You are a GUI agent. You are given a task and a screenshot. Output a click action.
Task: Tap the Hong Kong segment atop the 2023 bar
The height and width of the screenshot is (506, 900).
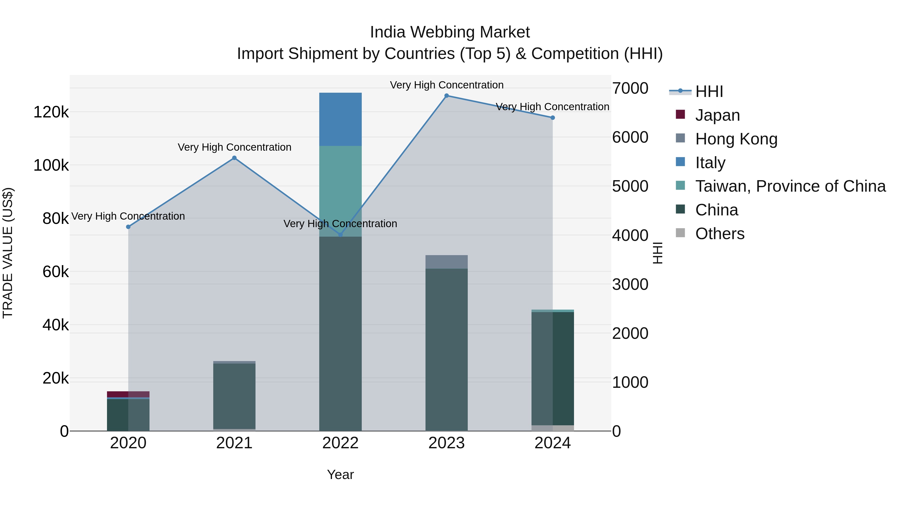pos(446,262)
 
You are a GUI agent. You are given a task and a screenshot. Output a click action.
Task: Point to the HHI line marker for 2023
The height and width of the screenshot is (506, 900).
pos(446,96)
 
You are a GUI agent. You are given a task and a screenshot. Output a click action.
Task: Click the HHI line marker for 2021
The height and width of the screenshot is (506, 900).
pos(234,158)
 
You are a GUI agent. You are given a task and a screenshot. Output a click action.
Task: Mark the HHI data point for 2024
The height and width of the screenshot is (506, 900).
pos(553,118)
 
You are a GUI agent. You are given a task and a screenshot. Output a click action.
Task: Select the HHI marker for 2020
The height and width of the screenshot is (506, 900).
pos(128,227)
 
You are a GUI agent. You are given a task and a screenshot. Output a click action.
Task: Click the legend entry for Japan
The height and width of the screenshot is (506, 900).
pos(717,115)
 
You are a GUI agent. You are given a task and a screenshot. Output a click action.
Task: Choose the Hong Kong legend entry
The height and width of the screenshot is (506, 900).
pos(736,139)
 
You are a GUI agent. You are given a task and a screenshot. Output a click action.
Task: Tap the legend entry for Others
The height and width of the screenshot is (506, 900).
pos(720,234)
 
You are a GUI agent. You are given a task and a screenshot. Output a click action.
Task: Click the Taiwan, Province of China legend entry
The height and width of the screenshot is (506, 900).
pos(790,186)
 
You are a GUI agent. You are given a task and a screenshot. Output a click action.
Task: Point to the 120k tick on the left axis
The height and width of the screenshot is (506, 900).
pos(51,112)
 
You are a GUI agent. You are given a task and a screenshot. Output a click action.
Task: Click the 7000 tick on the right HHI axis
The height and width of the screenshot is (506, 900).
pos(630,88)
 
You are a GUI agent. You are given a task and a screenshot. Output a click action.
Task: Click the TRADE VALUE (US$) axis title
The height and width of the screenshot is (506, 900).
pos(8,253)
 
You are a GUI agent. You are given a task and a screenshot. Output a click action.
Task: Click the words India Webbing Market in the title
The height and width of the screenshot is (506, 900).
pos(450,32)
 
